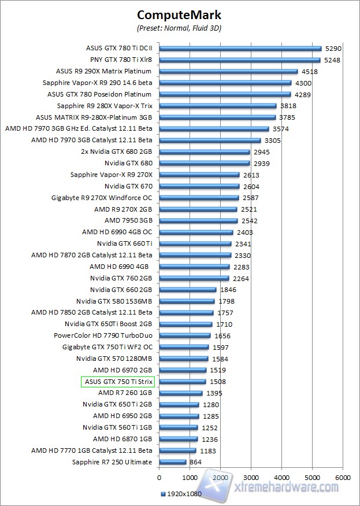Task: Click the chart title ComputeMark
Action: [x=179, y=14]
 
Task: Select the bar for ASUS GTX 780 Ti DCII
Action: [x=240, y=49]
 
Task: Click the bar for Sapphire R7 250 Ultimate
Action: [x=172, y=462]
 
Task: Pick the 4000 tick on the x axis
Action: [x=281, y=477]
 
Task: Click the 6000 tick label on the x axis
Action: [x=343, y=477]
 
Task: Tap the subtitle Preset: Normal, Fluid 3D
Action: [x=179, y=28]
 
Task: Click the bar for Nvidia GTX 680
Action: [x=204, y=163]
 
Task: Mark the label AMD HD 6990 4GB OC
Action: [x=117, y=232]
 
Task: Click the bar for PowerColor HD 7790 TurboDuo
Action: [x=184, y=335]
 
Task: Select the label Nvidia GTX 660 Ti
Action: [x=124, y=243]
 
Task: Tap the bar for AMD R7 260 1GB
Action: [x=180, y=393]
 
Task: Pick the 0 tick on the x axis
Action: [x=159, y=477]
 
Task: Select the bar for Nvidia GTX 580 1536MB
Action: [x=187, y=301]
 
